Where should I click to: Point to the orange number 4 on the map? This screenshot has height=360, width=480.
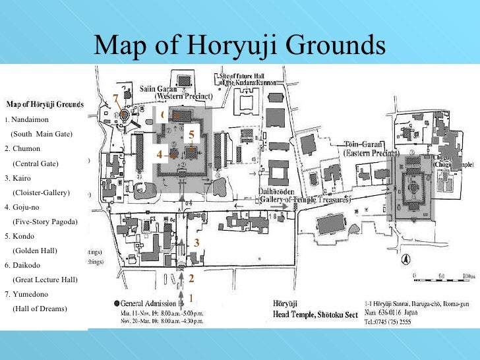[159, 154]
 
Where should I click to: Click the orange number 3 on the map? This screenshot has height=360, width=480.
[196, 243]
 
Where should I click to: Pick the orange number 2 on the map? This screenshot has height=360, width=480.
[191, 278]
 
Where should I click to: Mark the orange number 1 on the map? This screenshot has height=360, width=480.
[191, 297]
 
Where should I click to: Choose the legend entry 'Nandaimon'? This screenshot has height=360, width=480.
[28, 119]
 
